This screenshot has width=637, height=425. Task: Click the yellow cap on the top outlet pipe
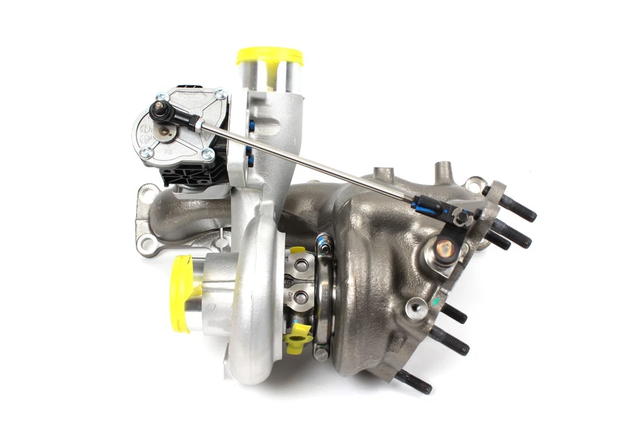click(269, 56)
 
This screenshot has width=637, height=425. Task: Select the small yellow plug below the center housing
click(298, 337)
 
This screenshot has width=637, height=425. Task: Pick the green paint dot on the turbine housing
click(437, 301)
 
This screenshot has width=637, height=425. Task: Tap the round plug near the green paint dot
click(417, 306)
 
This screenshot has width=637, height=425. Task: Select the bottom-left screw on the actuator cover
click(145, 153)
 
